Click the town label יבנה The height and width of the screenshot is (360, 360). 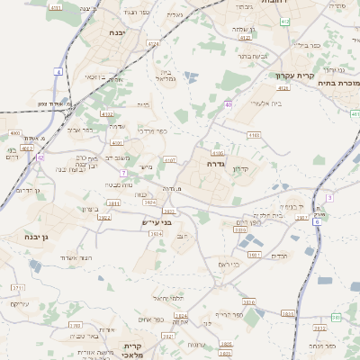(x=116, y=32)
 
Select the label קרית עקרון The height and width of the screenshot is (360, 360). (x=317, y=76)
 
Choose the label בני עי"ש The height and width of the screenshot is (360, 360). (x=157, y=221)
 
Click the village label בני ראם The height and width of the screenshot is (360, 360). (x=230, y=264)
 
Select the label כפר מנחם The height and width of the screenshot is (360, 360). (x=321, y=345)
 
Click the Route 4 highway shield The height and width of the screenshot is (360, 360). (x=58, y=71)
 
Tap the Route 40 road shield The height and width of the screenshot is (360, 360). (x=229, y=104)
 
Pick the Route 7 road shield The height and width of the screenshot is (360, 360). (x=123, y=172)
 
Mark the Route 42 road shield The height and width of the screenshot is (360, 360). (x=40, y=157)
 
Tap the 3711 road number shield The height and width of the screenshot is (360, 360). (x=19, y=287)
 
